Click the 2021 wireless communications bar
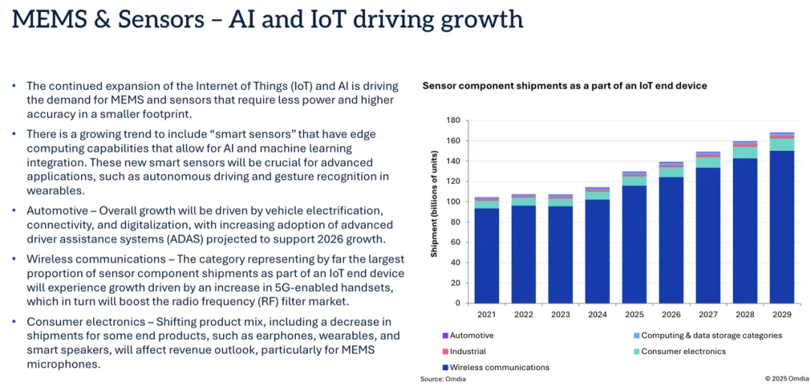tap(487, 255)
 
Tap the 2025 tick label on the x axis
tap(634, 314)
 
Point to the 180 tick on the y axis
tap(453, 120)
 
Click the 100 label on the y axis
tap(453, 202)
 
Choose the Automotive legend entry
tap(471, 335)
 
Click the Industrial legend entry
tap(467, 351)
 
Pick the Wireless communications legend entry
tap(499, 368)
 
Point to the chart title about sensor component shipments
tap(564, 86)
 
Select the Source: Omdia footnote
tap(443, 379)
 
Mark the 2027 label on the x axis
tap(707, 314)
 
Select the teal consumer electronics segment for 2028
tap(745, 152)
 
